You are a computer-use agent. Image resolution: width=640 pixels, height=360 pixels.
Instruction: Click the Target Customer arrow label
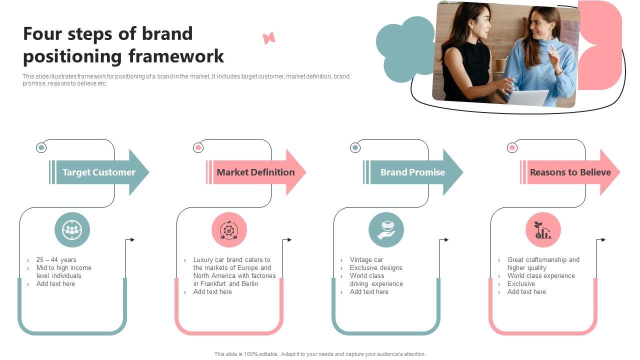[x=99, y=172]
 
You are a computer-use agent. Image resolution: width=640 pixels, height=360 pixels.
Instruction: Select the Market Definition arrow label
[x=255, y=172]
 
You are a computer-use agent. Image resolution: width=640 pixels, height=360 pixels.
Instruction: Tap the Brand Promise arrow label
[x=412, y=172]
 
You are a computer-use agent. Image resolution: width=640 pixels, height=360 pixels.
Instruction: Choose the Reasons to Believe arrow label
[x=570, y=172]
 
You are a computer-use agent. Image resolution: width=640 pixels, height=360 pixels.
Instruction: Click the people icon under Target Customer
[x=72, y=230]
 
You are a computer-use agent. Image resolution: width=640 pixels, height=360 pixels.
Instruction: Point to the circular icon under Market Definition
[x=229, y=230]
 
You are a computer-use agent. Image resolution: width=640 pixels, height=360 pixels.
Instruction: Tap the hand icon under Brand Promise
[x=386, y=230]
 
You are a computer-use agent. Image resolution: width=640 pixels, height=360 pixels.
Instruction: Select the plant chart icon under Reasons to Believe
[x=543, y=230]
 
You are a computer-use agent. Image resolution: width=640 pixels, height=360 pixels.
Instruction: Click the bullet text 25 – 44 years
[x=56, y=260]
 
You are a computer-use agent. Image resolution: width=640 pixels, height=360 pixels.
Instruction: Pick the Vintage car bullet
[x=366, y=260]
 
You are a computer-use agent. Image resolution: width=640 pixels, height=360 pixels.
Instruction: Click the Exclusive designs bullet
[x=376, y=268]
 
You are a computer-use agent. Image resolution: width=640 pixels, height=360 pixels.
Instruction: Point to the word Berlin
[x=249, y=284]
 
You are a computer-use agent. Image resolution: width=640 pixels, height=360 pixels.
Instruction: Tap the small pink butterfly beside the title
[x=269, y=38]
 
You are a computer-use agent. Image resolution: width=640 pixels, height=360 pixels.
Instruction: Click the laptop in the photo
[x=528, y=98]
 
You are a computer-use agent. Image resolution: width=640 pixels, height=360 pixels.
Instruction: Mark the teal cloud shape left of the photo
[x=404, y=48]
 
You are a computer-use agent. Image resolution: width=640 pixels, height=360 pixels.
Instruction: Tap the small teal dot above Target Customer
[x=41, y=147]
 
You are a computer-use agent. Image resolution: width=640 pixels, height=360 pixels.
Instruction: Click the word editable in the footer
[x=267, y=354]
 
